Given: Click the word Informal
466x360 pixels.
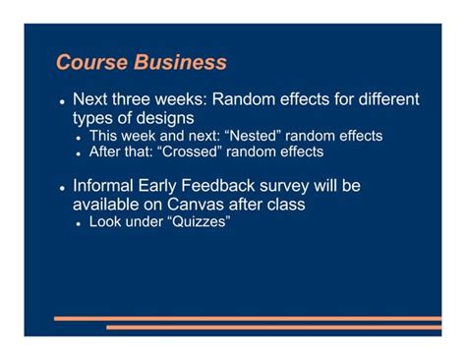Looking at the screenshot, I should pyautogui.click(x=108, y=186).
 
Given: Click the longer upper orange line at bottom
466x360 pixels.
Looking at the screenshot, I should pyautogui.click(x=246, y=318).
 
